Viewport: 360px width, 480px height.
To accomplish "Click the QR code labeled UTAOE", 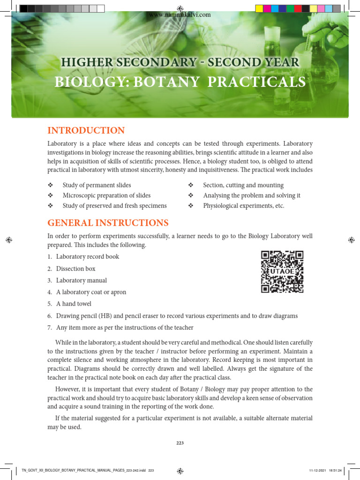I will tap(282, 272).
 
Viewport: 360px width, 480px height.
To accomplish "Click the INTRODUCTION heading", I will tap(86, 131).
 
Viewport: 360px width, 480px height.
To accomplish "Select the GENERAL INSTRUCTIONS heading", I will tap(108, 223).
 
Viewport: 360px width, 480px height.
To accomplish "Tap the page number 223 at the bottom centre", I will tap(180, 442).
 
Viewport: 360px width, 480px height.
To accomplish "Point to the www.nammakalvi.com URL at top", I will tap(180, 15).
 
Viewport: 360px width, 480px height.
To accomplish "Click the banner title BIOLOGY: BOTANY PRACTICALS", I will tap(180, 82).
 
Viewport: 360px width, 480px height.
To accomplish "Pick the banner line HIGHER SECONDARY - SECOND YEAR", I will tap(180, 62).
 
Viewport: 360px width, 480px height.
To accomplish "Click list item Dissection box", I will tap(75, 269).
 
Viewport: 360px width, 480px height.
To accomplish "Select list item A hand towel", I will tap(74, 304).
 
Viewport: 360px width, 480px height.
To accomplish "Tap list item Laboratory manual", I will tap(81, 280).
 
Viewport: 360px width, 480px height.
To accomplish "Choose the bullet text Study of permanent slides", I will tap(97, 185).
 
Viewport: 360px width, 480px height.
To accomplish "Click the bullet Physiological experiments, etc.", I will tap(243, 206).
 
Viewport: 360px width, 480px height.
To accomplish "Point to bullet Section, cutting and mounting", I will tap(243, 185).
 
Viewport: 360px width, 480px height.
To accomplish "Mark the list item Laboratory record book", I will tap(87, 257).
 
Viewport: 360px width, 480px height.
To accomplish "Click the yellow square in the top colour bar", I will tap(259, 8).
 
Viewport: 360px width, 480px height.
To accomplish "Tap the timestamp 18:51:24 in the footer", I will tap(334, 470).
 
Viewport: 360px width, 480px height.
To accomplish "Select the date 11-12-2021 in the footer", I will tap(317, 470).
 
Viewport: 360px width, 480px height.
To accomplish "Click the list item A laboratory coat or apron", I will tap(91, 292).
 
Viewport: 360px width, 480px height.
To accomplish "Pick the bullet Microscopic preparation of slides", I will tap(106, 195).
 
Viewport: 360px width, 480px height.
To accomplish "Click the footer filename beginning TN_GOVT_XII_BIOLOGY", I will tap(87, 470).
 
